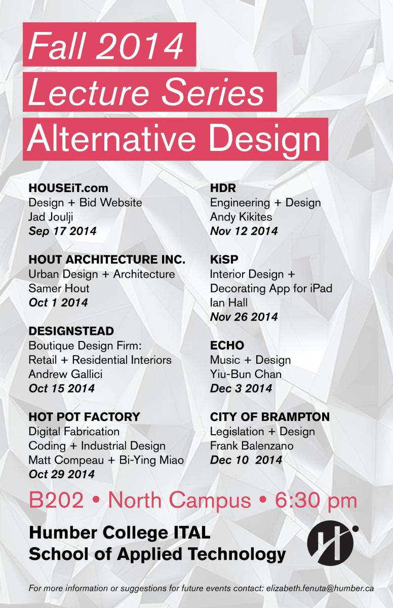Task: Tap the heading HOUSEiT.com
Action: click(68, 188)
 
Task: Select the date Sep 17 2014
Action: click(62, 231)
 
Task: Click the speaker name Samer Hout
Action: click(59, 288)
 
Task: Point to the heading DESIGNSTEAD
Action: click(71, 331)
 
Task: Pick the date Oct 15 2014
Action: click(62, 389)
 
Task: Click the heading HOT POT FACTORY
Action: click(85, 417)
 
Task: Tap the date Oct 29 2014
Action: click(62, 474)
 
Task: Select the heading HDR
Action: click(223, 188)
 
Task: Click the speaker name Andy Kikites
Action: click(241, 217)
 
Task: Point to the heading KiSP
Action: click(224, 259)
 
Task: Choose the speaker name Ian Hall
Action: click(228, 302)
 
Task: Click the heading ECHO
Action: click(227, 346)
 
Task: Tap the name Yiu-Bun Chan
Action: click(246, 374)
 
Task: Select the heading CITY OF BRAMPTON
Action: click(270, 417)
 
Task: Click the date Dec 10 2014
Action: click(246, 460)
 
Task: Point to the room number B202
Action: click(56, 500)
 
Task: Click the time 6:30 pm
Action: click(316, 501)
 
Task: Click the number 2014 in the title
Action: click(140, 45)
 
